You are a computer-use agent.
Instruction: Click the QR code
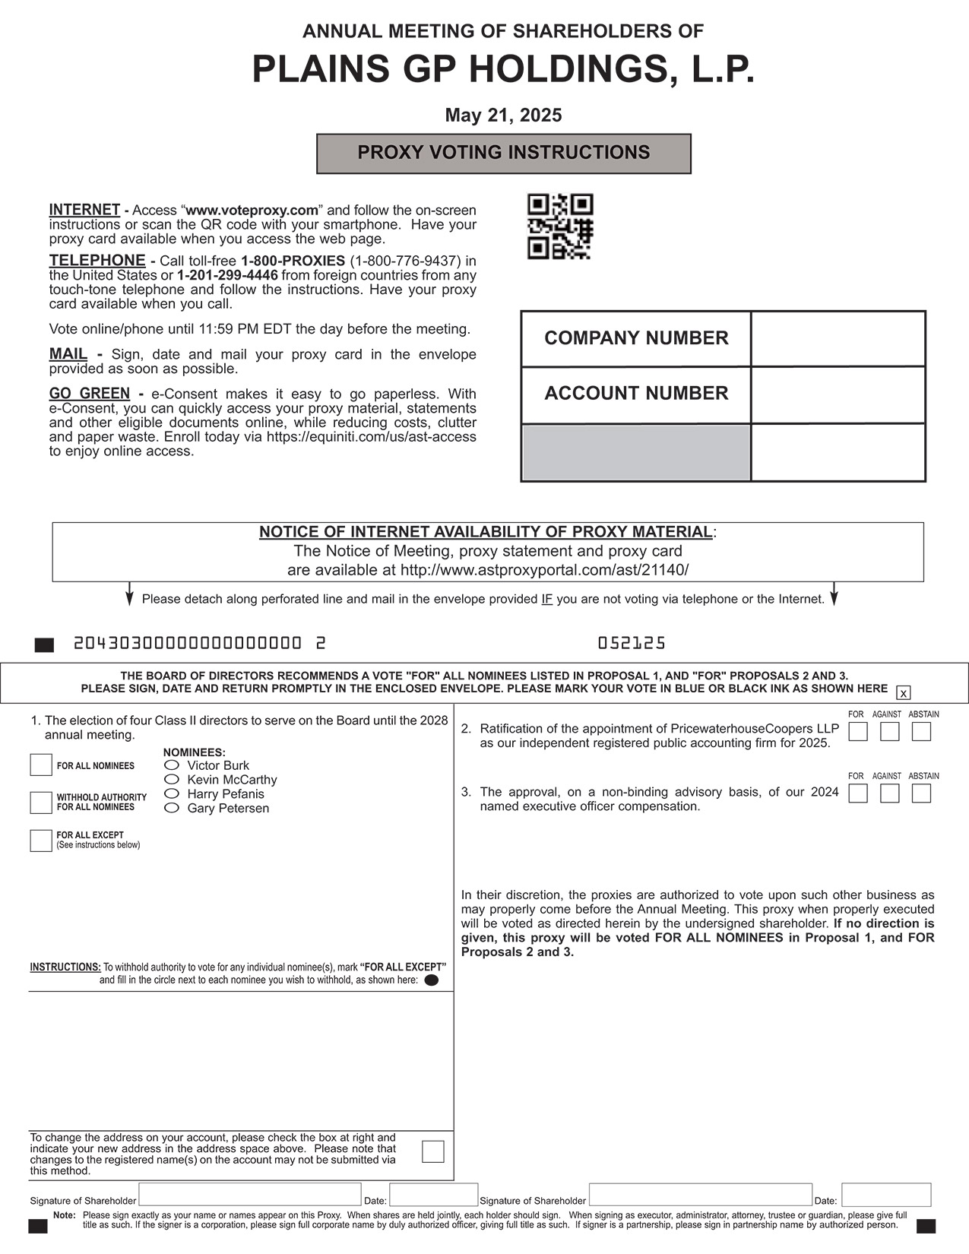tap(560, 226)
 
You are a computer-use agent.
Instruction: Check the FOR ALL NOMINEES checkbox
tap(41, 765)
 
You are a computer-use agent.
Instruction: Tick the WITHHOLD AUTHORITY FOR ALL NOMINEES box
tap(41, 802)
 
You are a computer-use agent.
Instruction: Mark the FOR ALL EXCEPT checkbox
tap(41, 840)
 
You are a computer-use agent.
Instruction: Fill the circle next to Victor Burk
tap(173, 765)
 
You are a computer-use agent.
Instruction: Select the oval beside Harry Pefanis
tap(173, 793)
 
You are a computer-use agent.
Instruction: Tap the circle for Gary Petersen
tap(173, 808)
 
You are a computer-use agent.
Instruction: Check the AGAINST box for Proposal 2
tap(889, 731)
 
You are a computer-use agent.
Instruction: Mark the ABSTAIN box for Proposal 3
tap(921, 793)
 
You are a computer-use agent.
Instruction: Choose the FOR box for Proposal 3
tap(858, 793)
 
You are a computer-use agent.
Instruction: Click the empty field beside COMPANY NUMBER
tap(838, 338)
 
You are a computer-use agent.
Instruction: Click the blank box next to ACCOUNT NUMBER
tap(838, 394)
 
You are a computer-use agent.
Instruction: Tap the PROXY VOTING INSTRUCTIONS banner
tap(503, 154)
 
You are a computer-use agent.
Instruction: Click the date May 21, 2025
tap(503, 116)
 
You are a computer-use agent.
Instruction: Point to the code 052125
tap(631, 644)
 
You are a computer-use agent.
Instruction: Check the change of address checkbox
tap(432, 1151)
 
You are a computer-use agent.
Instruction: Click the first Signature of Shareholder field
tap(249, 1195)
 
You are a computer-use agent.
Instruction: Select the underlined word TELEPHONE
tap(97, 261)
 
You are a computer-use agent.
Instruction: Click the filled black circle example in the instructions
tap(431, 980)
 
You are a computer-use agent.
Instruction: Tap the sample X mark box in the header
tap(903, 692)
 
